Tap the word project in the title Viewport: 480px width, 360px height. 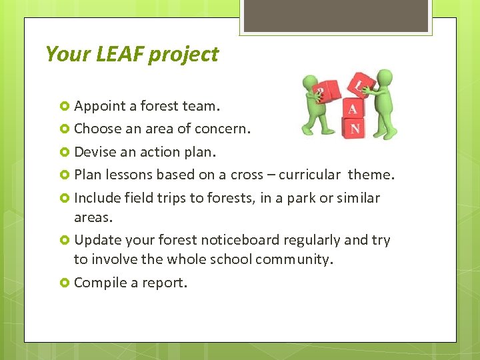[x=183, y=55]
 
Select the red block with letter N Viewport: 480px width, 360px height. [x=355, y=127]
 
